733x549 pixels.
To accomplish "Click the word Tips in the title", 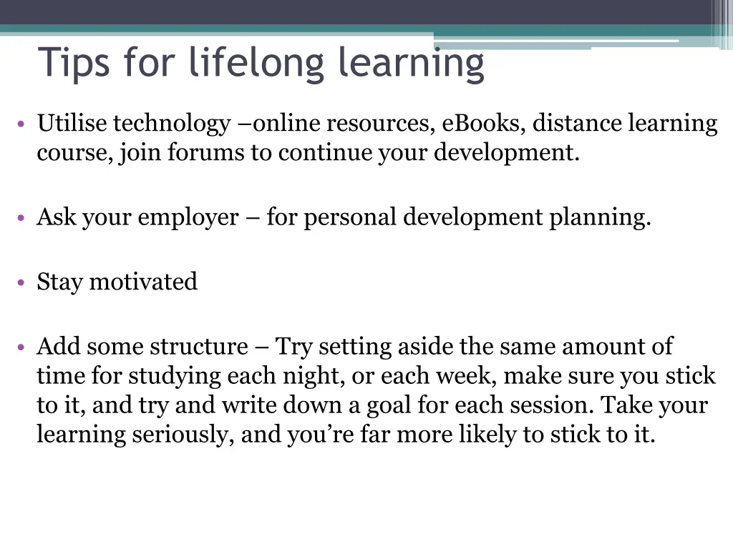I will (74, 62).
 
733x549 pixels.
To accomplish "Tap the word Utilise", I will (72, 124).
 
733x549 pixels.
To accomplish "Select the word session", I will (552, 405).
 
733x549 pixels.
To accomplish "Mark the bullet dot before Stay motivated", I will (22, 283).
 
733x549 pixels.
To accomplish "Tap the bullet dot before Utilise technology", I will (22, 125).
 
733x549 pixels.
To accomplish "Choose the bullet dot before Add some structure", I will (22, 348).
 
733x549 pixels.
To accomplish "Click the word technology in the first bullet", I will (171, 124).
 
